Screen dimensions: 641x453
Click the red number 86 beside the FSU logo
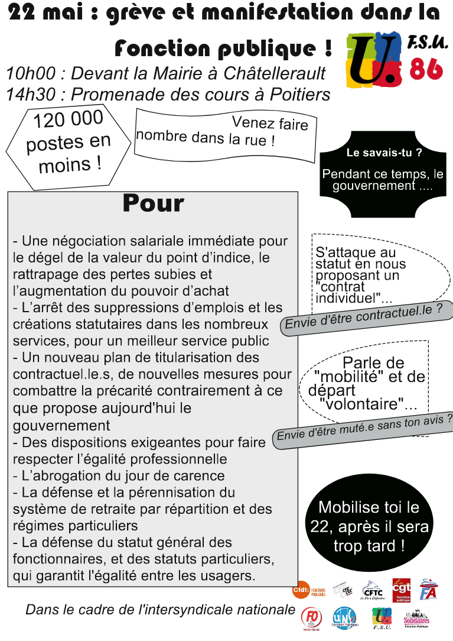tap(426, 69)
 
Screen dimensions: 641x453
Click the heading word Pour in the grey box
tap(153, 203)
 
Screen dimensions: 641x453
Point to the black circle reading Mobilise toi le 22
tap(368, 526)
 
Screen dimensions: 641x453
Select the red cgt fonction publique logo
tap(402, 590)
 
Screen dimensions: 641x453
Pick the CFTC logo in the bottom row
tap(373, 590)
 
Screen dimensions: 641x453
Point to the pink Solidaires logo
tap(416, 619)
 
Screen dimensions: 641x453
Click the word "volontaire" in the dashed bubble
tap(366, 406)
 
